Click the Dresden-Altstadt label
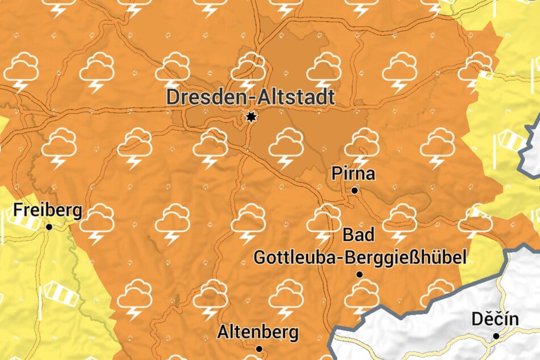250,97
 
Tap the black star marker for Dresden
250,117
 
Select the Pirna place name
354,173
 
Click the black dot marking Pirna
354,190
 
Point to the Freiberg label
48,211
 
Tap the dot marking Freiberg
49,227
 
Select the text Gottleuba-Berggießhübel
360,257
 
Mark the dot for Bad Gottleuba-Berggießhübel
359,274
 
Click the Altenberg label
258,333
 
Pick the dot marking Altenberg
259,348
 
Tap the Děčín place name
495,319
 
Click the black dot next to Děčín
496,336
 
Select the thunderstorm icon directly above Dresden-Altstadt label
248,71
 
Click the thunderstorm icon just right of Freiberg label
97,223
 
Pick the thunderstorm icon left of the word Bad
324,223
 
